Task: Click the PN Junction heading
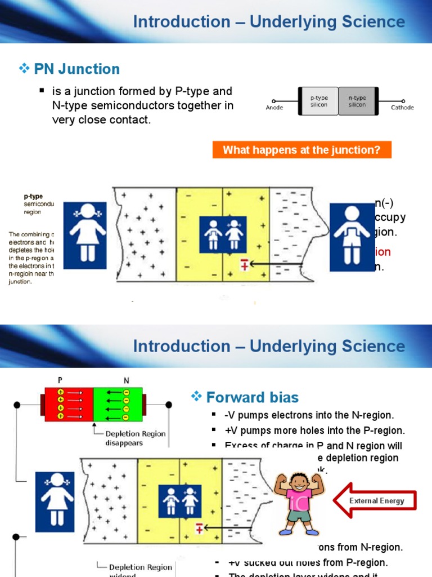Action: point(76,69)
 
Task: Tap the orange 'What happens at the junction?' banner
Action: point(301,150)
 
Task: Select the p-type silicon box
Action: point(318,101)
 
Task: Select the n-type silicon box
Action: point(357,101)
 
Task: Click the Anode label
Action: point(274,108)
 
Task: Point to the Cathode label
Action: point(402,108)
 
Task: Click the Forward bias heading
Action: point(252,397)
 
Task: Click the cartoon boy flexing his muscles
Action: point(298,503)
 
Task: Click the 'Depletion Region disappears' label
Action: point(135,438)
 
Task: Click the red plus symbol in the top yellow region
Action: point(245,264)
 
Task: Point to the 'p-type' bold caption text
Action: point(33,197)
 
